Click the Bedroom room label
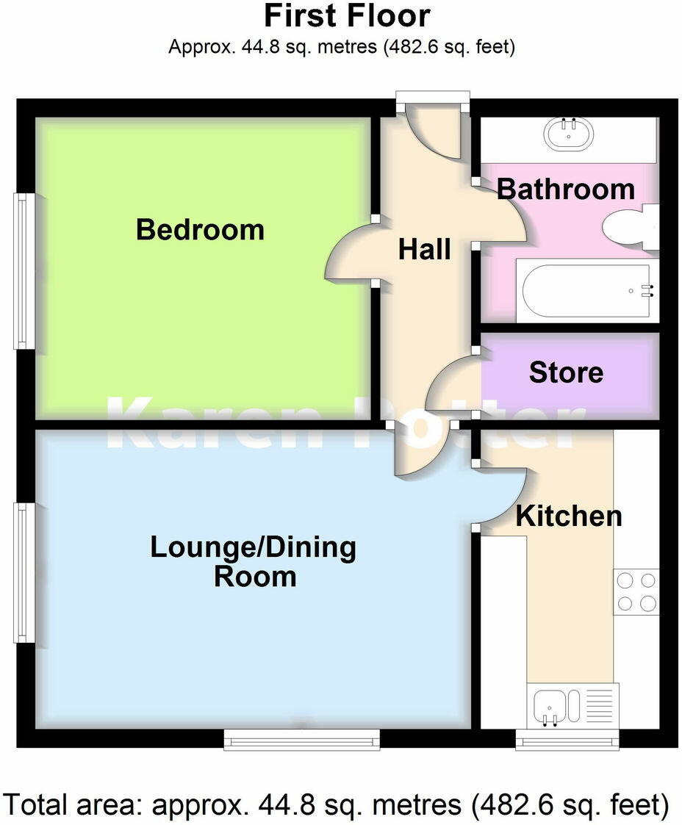click(200, 230)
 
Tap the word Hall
click(424, 249)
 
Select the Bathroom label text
click(566, 190)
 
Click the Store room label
click(566, 372)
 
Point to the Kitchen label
click(568, 516)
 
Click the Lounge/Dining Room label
click(254, 562)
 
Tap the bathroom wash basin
click(567, 134)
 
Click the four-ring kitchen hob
click(636, 592)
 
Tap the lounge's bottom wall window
click(301, 740)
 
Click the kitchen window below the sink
click(567, 740)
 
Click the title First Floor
click(347, 16)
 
